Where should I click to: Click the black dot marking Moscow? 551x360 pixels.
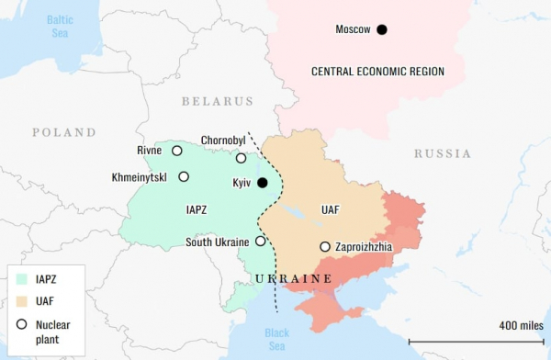pyautogui.click(x=382, y=30)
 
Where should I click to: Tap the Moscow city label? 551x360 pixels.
pyautogui.click(x=353, y=30)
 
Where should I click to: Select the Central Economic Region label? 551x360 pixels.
pyautogui.click(x=377, y=72)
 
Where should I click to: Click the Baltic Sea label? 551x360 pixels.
pyautogui.click(x=61, y=25)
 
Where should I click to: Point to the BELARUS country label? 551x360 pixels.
pyautogui.click(x=217, y=101)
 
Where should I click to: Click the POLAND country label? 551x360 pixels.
pyautogui.click(x=64, y=132)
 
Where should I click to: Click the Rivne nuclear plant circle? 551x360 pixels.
pyautogui.click(x=177, y=151)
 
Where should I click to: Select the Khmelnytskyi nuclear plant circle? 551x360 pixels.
pyautogui.click(x=184, y=176)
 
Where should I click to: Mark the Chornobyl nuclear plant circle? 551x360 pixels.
pyautogui.click(x=241, y=158)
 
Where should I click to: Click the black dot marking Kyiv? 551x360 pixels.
pyautogui.click(x=263, y=183)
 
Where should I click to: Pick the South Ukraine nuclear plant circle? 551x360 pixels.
pyautogui.click(x=260, y=242)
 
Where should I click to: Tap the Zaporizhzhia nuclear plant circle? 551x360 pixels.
pyautogui.click(x=324, y=247)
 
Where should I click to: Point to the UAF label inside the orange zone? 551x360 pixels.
pyautogui.click(x=330, y=210)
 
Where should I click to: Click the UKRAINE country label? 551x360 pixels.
pyautogui.click(x=293, y=278)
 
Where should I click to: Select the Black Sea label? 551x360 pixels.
pyautogui.click(x=275, y=340)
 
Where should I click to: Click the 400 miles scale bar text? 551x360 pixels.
pyautogui.click(x=521, y=325)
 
